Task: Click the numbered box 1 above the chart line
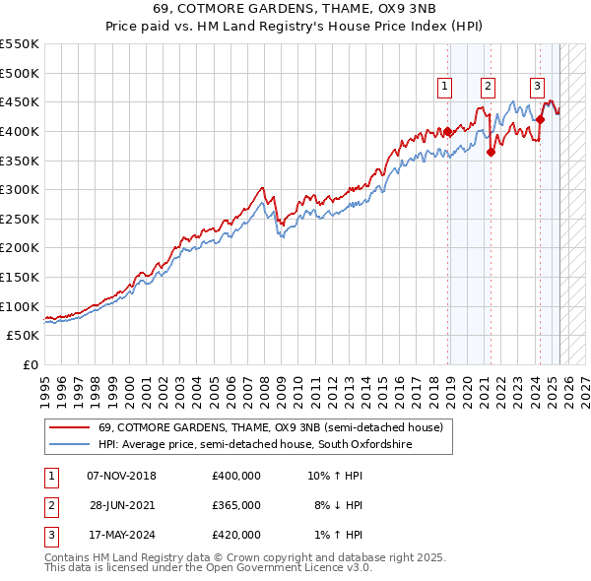click(445, 87)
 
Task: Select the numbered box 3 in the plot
click(538, 87)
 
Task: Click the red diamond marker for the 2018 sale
click(448, 131)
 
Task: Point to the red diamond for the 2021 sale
click(491, 151)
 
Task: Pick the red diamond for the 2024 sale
click(540, 119)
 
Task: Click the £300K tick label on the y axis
click(19, 189)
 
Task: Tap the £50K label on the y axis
click(23, 335)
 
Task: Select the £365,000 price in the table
click(236, 505)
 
